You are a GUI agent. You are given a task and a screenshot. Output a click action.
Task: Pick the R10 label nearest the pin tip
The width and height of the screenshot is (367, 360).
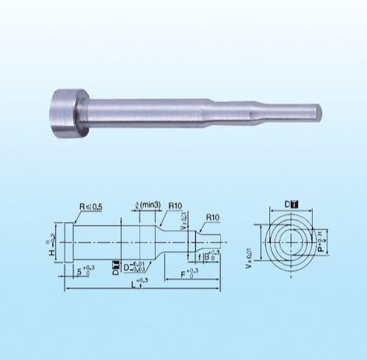214,218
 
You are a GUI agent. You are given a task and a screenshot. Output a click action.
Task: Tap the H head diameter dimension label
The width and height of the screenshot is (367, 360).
51,249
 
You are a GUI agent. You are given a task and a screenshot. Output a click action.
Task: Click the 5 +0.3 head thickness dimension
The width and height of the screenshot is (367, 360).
84,271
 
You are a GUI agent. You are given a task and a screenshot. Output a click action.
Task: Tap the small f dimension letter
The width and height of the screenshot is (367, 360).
198,258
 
